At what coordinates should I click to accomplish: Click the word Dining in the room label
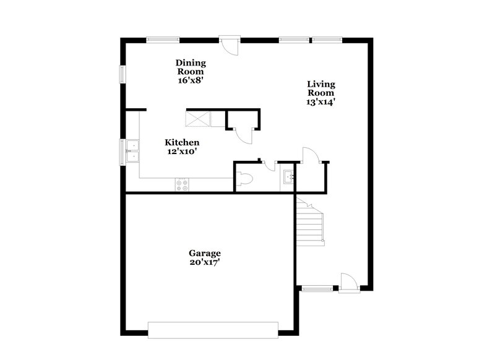[191, 63]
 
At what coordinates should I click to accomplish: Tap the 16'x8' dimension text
[191, 80]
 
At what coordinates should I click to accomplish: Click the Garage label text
[205, 253]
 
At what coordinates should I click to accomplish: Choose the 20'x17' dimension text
[205, 262]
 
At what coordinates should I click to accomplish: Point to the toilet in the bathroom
[244, 180]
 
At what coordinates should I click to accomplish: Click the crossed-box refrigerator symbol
[198, 118]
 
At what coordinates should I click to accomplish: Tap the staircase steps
[309, 219]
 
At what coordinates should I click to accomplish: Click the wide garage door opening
[214, 330]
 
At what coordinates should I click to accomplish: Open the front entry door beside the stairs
[349, 281]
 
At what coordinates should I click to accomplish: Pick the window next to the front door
[317, 287]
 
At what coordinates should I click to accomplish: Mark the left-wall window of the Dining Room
[123, 74]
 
